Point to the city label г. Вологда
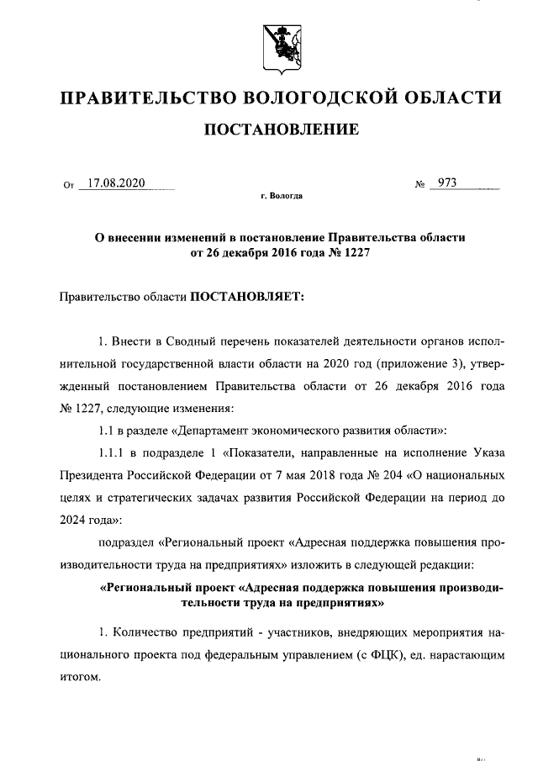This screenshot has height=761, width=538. pos(282,196)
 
